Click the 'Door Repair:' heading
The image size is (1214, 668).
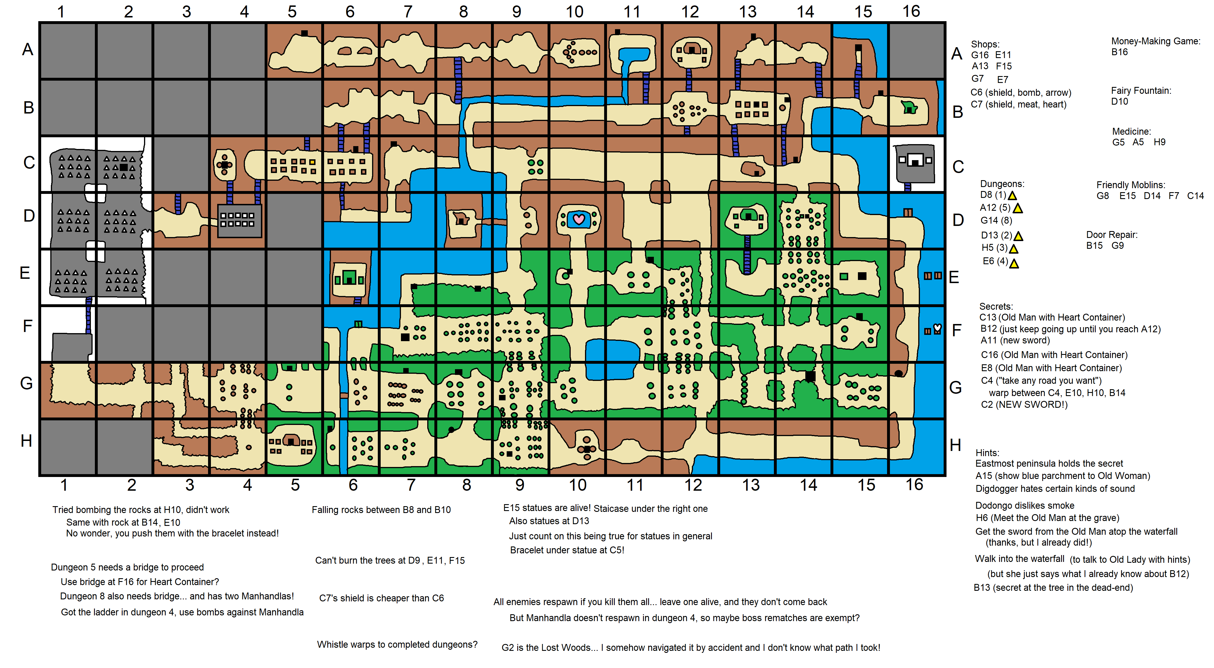click(x=1111, y=235)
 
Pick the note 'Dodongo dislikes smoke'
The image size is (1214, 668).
click(x=1025, y=505)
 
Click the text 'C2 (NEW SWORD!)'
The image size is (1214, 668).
click(x=1024, y=404)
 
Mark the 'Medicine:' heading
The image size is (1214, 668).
click(x=1131, y=132)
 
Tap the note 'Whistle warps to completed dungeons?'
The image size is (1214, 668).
click(x=397, y=645)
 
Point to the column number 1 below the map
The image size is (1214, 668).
click(x=64, y=485)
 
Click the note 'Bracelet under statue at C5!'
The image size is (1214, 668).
click(x=566, y=550)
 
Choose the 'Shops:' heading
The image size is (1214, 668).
click(x=985, y=44)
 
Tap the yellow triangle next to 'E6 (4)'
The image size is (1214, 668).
click(x=1014, y=264)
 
